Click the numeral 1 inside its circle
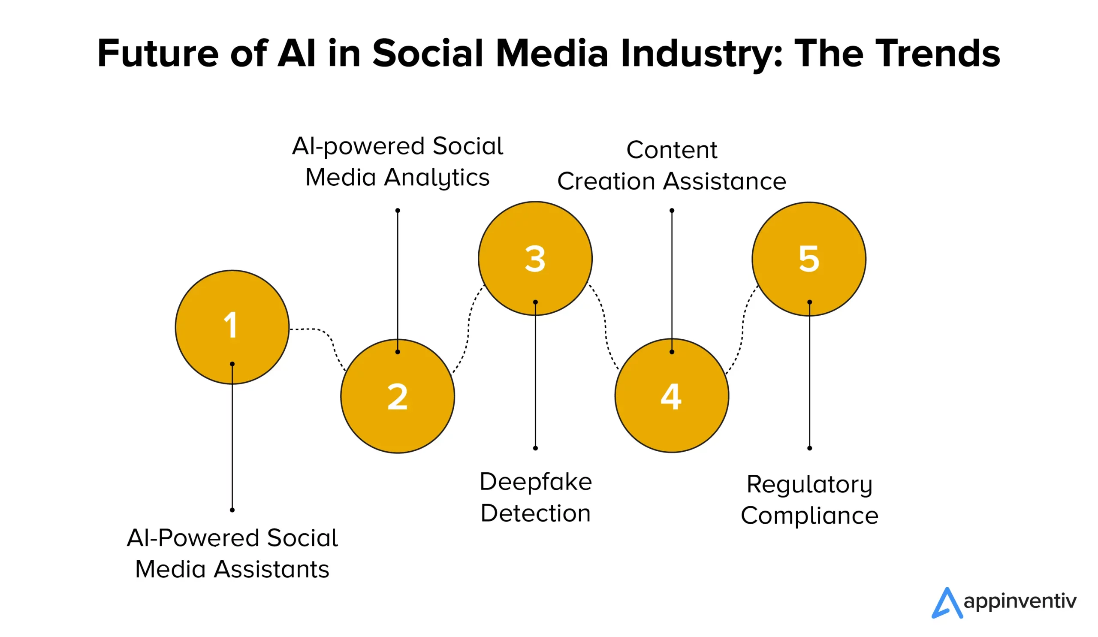click(x=230, y=325)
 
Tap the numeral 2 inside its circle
click(x=397, y=396)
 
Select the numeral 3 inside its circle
click(x=535, y=259)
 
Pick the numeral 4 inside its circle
click(x=671, y=396)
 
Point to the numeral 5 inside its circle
click(x=809, y=259)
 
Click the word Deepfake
click(x=536, y=482)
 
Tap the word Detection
click(x=536, y=513)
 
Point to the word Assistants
click(x=271, y=569)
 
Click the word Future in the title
click(x=158, y=53)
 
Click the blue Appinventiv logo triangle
click(x=946, y=603)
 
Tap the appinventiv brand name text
click(x=1020, y=602)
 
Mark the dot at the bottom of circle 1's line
click(x=232, y=510)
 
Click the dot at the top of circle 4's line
click(x=672, y=211)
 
